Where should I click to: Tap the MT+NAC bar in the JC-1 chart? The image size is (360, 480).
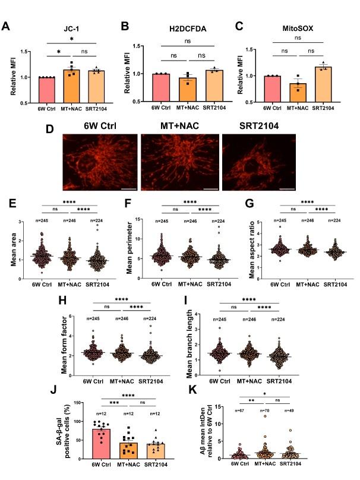pos(73,87)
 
